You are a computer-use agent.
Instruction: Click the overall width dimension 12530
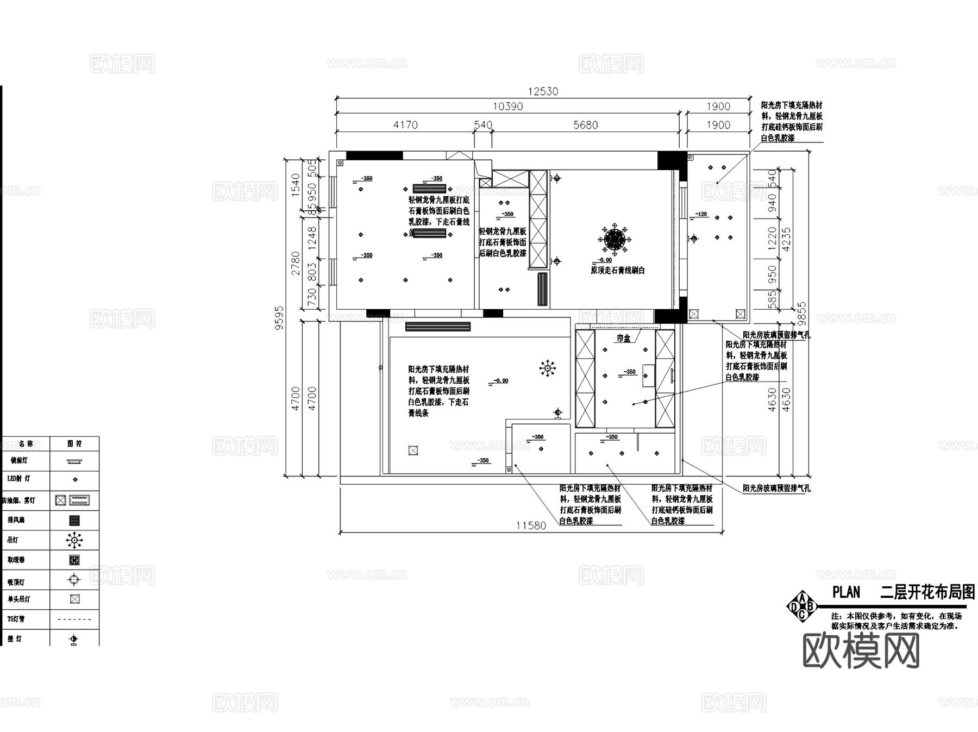543,91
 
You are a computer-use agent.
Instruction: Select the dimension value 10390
507,107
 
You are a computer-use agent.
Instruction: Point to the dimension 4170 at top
405,125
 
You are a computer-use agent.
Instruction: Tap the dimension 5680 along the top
585,125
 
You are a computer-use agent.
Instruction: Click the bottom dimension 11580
531,525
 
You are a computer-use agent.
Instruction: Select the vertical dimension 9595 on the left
279,318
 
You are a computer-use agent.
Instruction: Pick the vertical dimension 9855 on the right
801,314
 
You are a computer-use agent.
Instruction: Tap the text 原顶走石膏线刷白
618,270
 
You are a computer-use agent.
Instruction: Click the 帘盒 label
624,338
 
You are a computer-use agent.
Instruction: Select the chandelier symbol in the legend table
74,540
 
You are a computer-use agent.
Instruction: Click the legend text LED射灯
19,479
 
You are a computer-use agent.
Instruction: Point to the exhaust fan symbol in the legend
74,520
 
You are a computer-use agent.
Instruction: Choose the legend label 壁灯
15,639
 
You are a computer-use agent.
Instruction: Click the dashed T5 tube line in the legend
74,619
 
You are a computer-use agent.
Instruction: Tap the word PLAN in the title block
846,592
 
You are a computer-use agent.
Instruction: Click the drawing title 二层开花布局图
927,592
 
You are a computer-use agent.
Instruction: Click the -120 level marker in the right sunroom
701,214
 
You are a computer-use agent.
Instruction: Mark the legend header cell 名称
26,443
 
